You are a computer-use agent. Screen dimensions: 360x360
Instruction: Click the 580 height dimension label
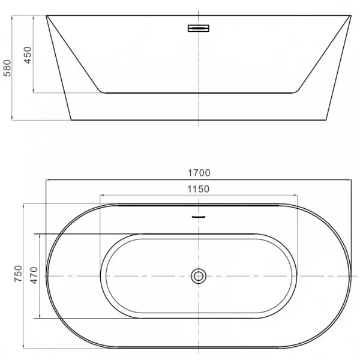pyautogui.click(x=7, y=68)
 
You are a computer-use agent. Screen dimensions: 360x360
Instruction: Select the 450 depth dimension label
pyautogui.click(x=28, y=55)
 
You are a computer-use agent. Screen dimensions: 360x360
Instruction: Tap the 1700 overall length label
pyautogui.click(x=199, y=173)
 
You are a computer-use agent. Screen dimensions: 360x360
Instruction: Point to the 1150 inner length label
pyautogui.click(x=199, y=189)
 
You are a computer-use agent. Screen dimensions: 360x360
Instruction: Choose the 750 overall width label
pyautogui.click(x=18, y=274)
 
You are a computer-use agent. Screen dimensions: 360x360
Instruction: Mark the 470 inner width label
pyautogui.click(x=34, y=275)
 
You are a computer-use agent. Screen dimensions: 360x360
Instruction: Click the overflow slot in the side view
pyautogui.click(x=199, y=28)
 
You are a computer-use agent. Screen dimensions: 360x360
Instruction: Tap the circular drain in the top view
pyautogui.click(x=199, y=276)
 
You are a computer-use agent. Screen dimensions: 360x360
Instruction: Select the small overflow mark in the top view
pyautogui.click(x=199, y=217)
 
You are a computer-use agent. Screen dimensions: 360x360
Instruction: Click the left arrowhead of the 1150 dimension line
pyautogui.click(x=101, y=196)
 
